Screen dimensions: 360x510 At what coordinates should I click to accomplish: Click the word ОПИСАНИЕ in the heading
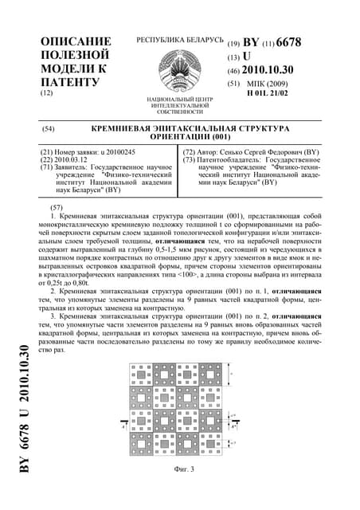pos(76,41)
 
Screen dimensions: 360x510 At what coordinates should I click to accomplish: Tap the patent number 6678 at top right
pos(288,42)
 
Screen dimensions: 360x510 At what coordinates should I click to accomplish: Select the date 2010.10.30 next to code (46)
pos(280,70)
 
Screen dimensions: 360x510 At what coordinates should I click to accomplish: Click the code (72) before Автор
pos(191,151)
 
